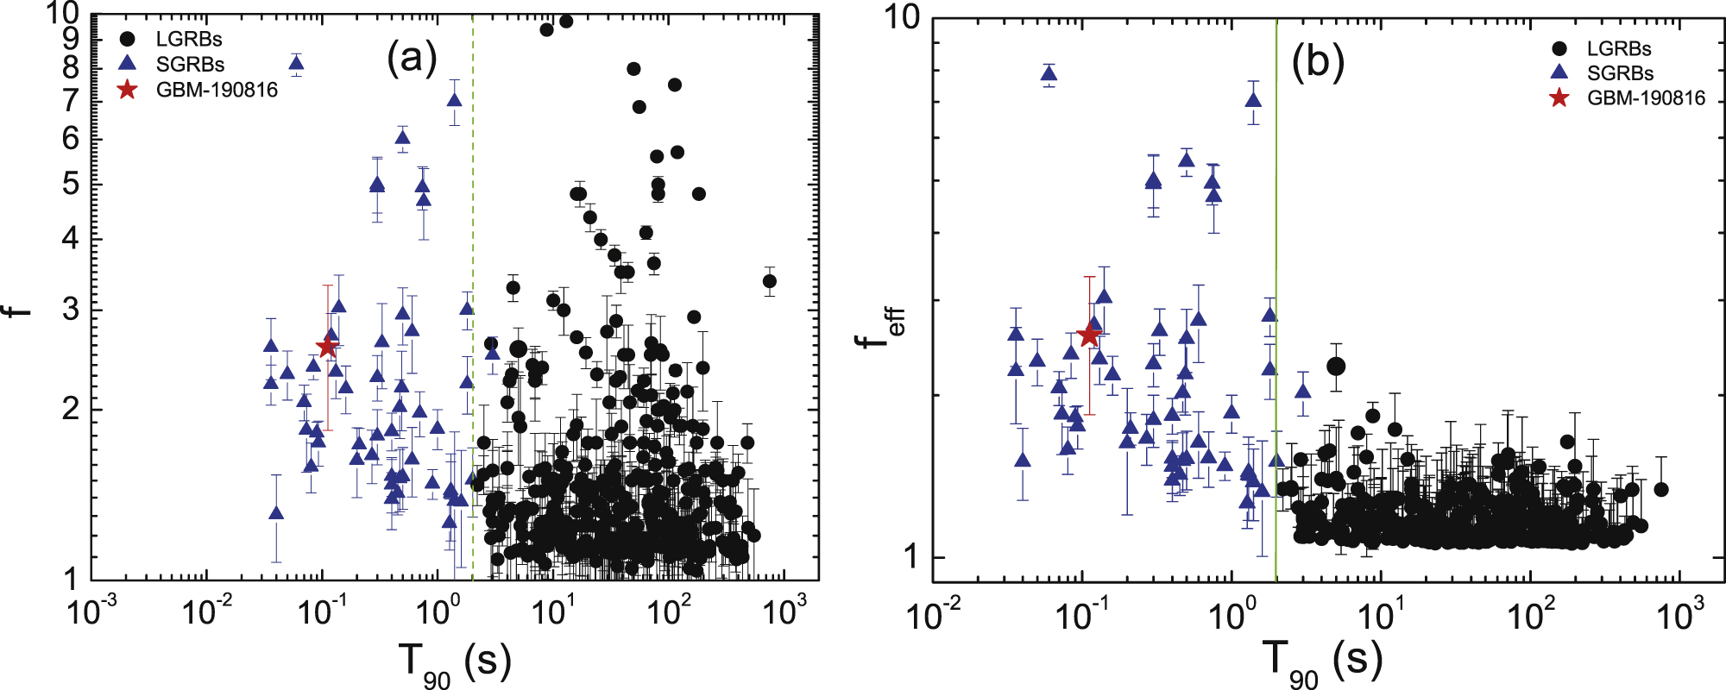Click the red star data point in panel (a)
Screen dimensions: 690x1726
coord(327,347)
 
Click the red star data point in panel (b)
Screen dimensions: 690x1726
coord(1089,336)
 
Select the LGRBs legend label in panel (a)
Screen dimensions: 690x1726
coord(189,39)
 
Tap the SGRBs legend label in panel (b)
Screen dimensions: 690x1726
coord(1620,73)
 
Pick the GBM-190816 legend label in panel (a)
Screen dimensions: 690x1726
coord(217,90)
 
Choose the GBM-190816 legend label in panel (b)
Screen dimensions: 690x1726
coord(1646,98)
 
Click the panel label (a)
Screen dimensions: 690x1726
coord(413,59)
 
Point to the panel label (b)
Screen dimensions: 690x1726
coord(1318,62)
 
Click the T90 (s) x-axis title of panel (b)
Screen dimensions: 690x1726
coord(1322,662)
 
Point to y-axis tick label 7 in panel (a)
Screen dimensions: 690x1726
coord(71,102)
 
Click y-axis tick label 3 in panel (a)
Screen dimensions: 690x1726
coord(71,310)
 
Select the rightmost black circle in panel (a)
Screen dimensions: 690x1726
coord(770,281)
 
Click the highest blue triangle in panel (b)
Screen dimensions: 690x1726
coord(1049,73)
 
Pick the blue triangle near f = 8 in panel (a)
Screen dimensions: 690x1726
coord(296,62)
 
